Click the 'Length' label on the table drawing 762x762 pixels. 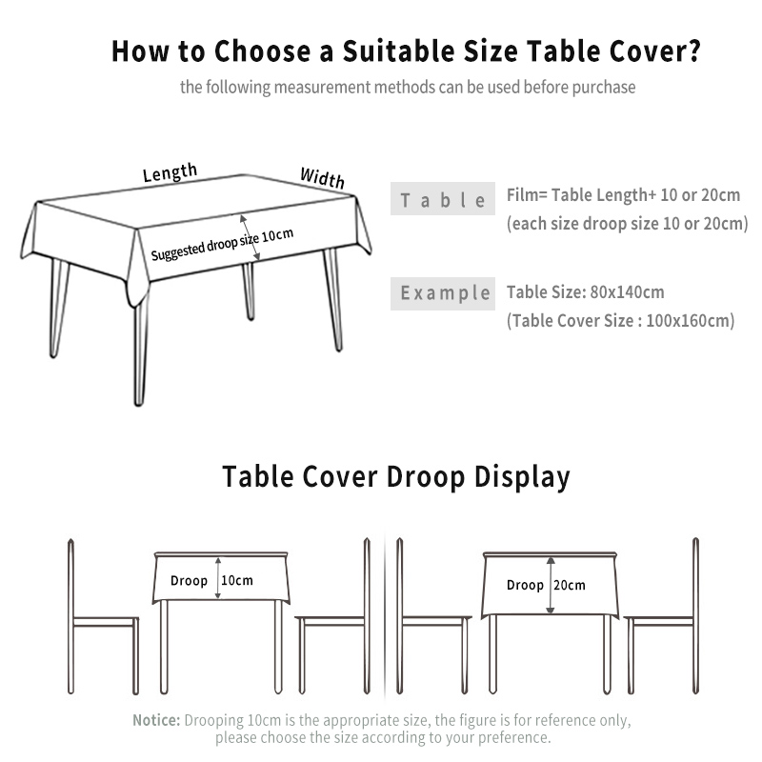tap(170, 172)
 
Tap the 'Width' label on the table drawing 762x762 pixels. tap(322, 177)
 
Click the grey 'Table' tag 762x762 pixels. tap(443, 199)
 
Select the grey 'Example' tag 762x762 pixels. tap(443, 293)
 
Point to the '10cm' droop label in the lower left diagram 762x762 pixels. tap(236, 580)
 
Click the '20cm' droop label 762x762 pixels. tap(569, 585)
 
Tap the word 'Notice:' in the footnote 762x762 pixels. tap(156, 720)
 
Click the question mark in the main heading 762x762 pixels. tap(694, 50)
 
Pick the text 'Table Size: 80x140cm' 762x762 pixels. tap(586, 292)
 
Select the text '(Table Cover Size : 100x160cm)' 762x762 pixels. tap(621, 321)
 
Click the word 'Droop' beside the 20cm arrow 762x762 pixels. tap(525, 585)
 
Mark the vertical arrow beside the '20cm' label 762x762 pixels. tap(551, 585)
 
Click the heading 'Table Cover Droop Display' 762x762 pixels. tap(396, 476)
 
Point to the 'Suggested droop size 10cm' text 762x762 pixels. tap(222, 245)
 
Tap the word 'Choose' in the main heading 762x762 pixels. tap(263, 50)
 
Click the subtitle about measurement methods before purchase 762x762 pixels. tap(408, 88)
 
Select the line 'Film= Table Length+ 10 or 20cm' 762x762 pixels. tap(624, 195)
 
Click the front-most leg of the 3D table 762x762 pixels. tap(140, 353)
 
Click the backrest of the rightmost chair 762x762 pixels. tap(695, 615)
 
